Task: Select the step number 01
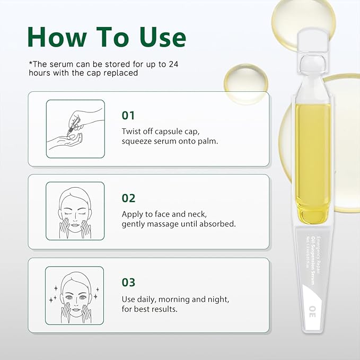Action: tap(129, 115)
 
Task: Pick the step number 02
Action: tap(129, 198)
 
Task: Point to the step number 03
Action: tap(129, 282)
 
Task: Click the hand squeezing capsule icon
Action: tap(74, 129)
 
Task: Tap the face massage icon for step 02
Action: tap(74, 212)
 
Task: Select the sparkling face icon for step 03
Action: tap(74, 295)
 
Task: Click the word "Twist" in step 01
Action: tap(132, 131)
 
